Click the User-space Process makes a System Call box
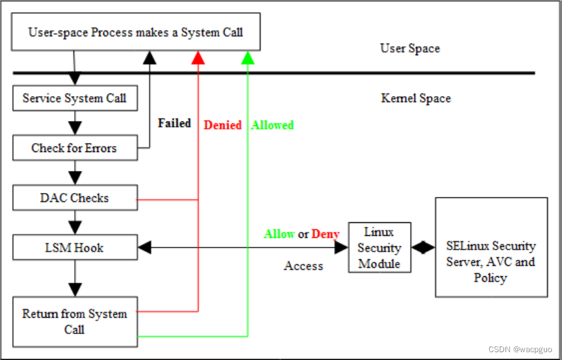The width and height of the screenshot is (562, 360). point(136,32)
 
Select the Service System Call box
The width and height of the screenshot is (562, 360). point(75,98)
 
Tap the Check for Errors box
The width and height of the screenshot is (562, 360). point(75,148)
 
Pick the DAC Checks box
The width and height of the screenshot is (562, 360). point(75,198)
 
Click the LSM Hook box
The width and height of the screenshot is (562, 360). point(75,248)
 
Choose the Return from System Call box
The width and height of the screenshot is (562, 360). point(75,321)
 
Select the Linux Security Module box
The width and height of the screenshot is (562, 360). point(379,248)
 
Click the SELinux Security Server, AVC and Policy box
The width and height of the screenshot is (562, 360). point(491,262)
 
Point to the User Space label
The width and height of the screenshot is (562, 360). point(410,48)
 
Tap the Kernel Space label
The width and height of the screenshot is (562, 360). point(416,98)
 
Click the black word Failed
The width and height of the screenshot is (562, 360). point(174,123)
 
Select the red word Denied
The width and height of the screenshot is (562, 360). point(223,125)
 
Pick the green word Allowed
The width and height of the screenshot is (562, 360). point(272,125)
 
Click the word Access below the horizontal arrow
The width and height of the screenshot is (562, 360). point(303,265)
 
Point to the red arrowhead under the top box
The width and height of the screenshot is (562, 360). point(198,58)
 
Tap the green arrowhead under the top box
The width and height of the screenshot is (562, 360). point(248,58)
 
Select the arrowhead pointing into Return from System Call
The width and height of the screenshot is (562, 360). point(75,289)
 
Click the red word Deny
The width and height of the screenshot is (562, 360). point(326,234)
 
